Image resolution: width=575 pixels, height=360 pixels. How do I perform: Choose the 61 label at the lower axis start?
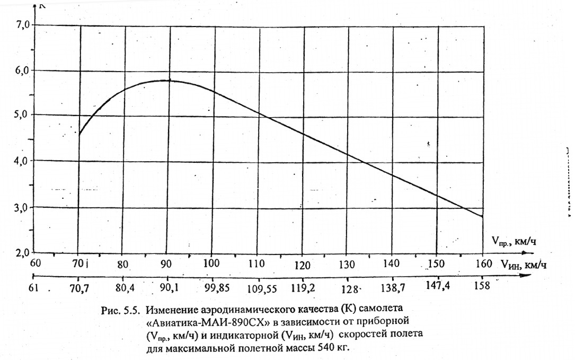point(35,289)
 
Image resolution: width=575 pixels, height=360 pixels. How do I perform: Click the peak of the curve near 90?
point(169,81)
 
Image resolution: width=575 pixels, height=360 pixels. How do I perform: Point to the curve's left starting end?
point(79,135)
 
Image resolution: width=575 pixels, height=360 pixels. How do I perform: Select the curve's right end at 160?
point(482,217)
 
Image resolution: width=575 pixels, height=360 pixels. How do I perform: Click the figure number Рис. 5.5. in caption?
point(122,311)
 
